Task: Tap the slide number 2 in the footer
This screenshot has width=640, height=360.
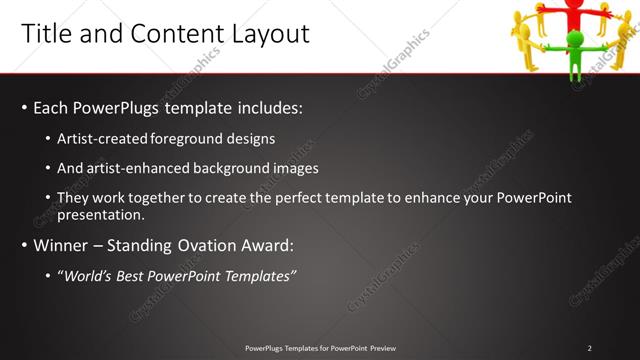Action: [x=589, y=348]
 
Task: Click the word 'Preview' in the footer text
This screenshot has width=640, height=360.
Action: [x=381, y=348]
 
